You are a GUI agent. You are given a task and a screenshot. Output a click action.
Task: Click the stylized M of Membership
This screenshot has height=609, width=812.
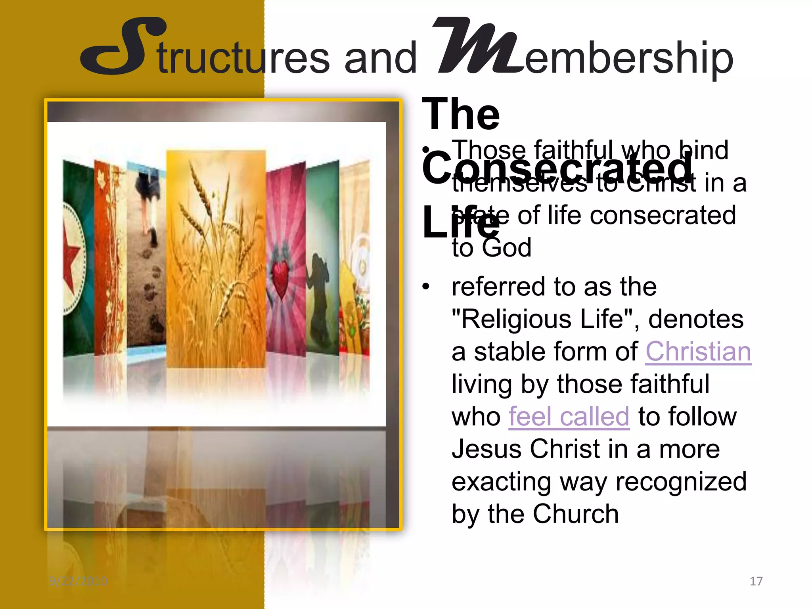pos(478,46)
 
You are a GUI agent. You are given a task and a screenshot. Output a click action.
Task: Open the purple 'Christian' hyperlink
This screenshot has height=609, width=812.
pos(698,352)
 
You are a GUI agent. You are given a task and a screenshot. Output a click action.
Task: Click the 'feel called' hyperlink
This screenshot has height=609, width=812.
pos(569,417)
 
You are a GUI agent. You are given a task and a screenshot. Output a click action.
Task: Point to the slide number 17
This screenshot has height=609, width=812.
pos(756,581)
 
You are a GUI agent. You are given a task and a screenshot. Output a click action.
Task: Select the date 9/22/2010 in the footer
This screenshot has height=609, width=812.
pos(78,581)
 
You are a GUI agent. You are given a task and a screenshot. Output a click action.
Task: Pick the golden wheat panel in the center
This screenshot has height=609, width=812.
pos(216,258)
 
